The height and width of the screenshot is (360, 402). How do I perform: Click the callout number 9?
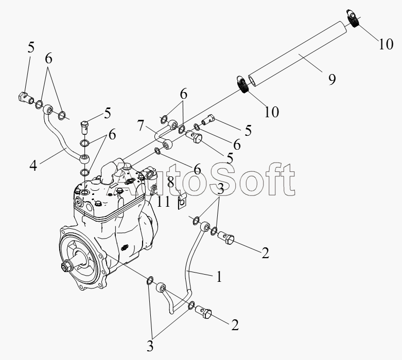point(332,79)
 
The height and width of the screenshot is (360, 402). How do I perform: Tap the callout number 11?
point(163,202)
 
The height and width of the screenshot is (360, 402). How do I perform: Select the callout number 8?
point(170,183)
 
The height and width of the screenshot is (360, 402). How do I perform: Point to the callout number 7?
point(141,125)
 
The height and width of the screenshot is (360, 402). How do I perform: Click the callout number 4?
point(33,165)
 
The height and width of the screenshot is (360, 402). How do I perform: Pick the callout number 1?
point(219,277)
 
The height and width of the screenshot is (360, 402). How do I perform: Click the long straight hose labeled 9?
point(298,53)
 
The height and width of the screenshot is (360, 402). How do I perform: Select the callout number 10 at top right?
point(386,44)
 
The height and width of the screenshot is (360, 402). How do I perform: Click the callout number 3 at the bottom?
point(150,347)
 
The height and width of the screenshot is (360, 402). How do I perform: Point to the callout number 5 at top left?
point(31,47)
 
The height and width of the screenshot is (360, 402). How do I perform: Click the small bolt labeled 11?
point(154,190)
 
